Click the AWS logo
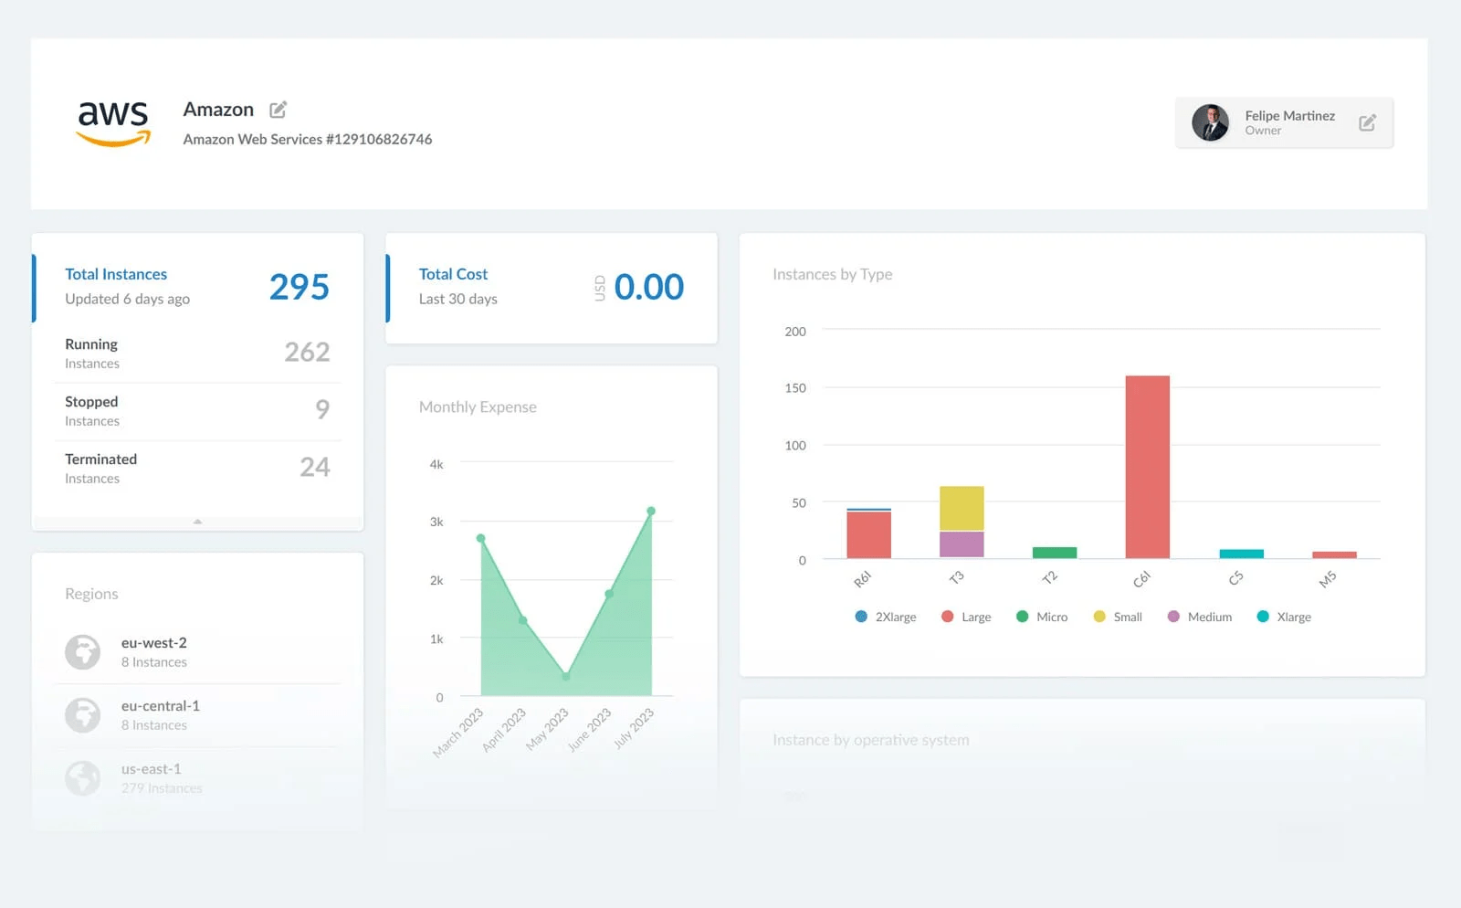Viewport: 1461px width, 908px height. coord(113,122)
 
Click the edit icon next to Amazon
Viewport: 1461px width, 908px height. coord(279,110)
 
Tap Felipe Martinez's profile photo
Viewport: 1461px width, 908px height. coord(1210,122)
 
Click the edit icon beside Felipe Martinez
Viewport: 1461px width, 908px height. coord(1367,122)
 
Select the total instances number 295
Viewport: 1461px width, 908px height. coord(299,287)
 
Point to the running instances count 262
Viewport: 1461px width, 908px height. coord(307,352)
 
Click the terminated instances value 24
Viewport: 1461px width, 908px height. coord(315,467)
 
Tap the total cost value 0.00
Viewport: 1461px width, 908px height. coord(648,287)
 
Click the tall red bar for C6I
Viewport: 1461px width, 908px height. coord(1147,466)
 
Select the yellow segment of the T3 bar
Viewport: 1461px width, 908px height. coord(962,508)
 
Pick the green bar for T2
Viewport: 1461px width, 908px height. coord(1054,553)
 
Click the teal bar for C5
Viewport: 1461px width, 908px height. coord(1241,554)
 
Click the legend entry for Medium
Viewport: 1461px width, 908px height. coord(1200,617)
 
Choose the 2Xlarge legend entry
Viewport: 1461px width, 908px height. coord(886,617)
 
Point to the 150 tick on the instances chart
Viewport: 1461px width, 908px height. coord(795,388)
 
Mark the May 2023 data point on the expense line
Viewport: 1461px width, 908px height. coord(566,677)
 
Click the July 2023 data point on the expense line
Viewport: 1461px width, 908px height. coord(651,511)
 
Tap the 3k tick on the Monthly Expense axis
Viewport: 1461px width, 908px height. coord(436,522)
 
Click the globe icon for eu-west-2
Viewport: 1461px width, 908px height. coord(82,652)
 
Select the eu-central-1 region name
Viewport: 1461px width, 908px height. coord(161,706)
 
